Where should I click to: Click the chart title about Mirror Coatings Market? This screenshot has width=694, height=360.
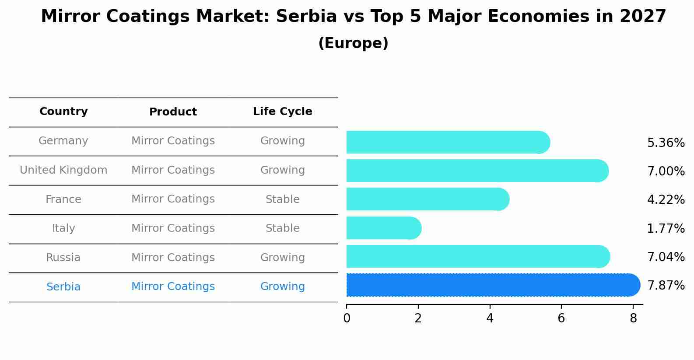[353, 17]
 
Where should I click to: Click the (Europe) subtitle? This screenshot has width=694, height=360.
[353, 43]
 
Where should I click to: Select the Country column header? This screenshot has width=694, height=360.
[63, 112]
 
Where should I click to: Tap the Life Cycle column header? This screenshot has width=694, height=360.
[282, 112]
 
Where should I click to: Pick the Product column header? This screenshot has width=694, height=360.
[173, 112]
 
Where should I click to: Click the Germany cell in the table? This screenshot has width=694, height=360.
[63, 141]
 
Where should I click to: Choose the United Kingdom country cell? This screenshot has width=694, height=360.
[63, 170]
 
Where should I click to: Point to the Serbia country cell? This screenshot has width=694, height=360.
[63, 287]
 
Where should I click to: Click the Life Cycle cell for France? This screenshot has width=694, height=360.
[282, 199]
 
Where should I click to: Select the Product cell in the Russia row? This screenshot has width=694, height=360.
[173, 258]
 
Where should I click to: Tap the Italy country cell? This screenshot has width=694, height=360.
[63, 228]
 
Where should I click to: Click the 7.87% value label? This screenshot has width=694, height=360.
[666, 286]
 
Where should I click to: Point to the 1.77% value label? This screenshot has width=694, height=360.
[666, 228]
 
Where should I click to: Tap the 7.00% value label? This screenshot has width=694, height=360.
[666, 171]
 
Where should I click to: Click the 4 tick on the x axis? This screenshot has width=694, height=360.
[490, 318]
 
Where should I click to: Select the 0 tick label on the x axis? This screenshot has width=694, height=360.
[347, 318]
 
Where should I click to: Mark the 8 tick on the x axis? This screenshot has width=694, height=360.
[633, 318]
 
